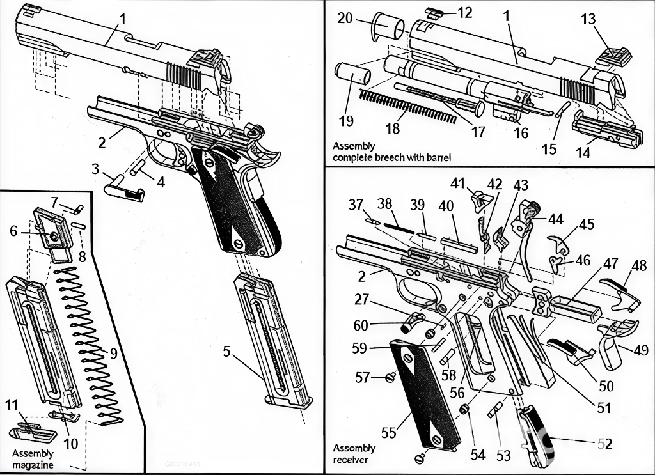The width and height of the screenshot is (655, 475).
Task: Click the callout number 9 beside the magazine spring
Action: coord(113,352)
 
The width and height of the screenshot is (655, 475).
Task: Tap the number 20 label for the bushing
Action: coord(345,19)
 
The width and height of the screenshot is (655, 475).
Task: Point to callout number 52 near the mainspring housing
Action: coord(604,444)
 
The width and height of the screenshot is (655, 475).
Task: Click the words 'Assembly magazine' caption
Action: coord(33,459)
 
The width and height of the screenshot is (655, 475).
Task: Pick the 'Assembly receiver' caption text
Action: coord(354,453)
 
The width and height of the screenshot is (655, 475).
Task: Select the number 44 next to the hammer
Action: coord(555,219)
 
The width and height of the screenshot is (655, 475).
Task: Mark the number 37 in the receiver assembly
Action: coord(356,205)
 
